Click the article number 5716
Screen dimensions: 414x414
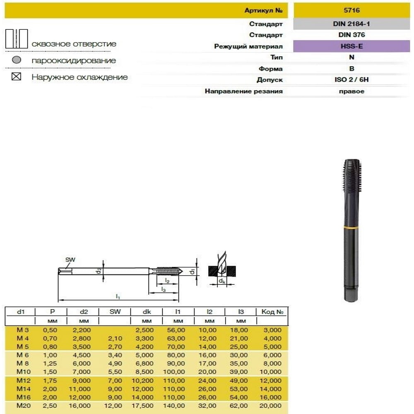pyautogui.click(x=351, y=10)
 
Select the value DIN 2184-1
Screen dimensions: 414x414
pyautogui.click(x=351, y=24)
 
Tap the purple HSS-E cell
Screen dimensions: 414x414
pyautogui.click(x=351, y=46)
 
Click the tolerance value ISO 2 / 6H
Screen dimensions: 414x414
pyautogui.click(x=351, y=80)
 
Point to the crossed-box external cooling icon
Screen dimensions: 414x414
pyautogui.click(x=17, y=77)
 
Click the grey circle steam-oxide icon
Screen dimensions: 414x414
pyautogui.click(x=17, y=60)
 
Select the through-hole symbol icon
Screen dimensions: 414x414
pyautogui.click(x=17, y=39)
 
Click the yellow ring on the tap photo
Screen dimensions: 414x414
pyautogui.click(x=351, y=227)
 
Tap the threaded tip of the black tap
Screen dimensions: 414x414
pyautogui.click(x=352, y=176)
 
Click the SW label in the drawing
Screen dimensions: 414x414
pyautogui.click(x=70, y=260)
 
